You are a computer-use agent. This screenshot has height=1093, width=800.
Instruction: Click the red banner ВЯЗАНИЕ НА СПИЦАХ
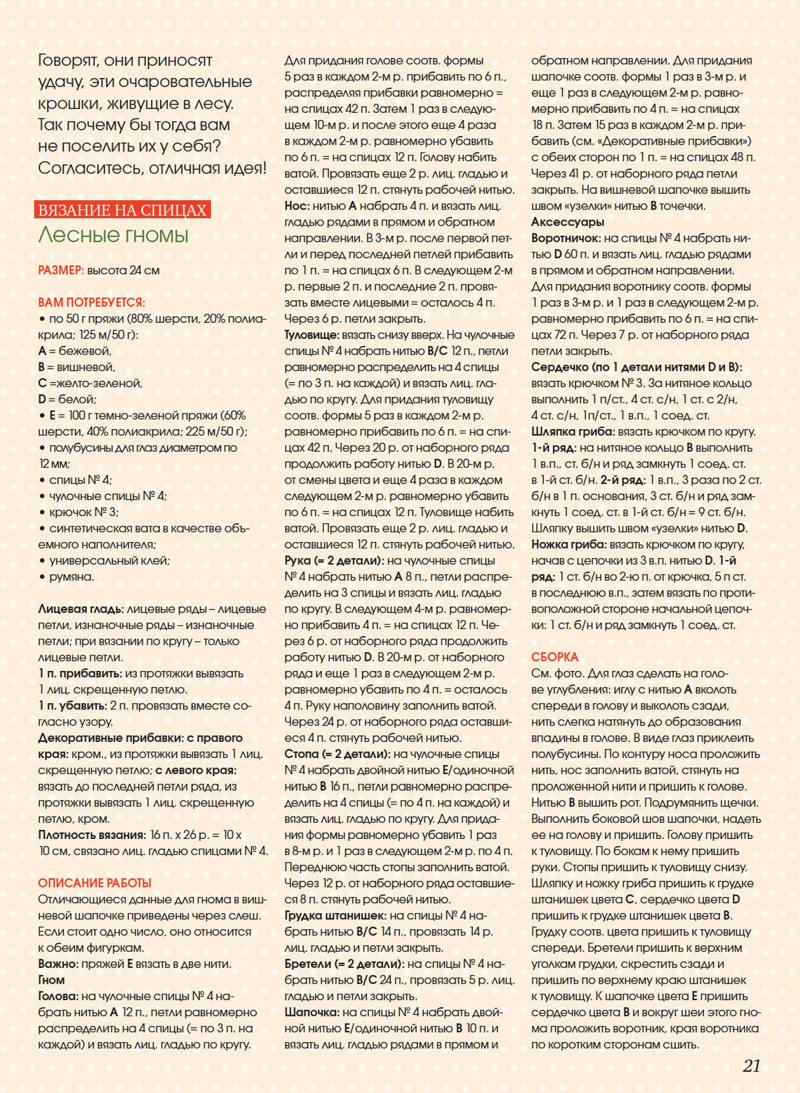point(122,210)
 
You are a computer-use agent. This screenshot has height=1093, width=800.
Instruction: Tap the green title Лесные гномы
point(113,235)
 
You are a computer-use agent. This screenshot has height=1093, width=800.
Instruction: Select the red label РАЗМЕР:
point(61,271)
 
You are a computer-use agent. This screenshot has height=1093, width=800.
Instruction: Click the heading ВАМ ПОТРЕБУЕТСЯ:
point(91,303)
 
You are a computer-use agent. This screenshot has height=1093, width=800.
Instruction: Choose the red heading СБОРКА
point(554,657)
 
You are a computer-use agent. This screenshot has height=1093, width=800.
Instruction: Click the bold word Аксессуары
point(568,222)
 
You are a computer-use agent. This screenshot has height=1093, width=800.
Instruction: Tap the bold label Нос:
point(297,206)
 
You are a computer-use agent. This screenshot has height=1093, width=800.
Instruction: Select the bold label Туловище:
point(312,335)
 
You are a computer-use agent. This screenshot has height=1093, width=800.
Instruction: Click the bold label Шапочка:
point(312,1012)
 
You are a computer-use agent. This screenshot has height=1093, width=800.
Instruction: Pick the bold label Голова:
point(58,996)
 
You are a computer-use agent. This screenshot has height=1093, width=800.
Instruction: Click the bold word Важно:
point(57,964)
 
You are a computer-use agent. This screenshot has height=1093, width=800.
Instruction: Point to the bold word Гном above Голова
point(51,980)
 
